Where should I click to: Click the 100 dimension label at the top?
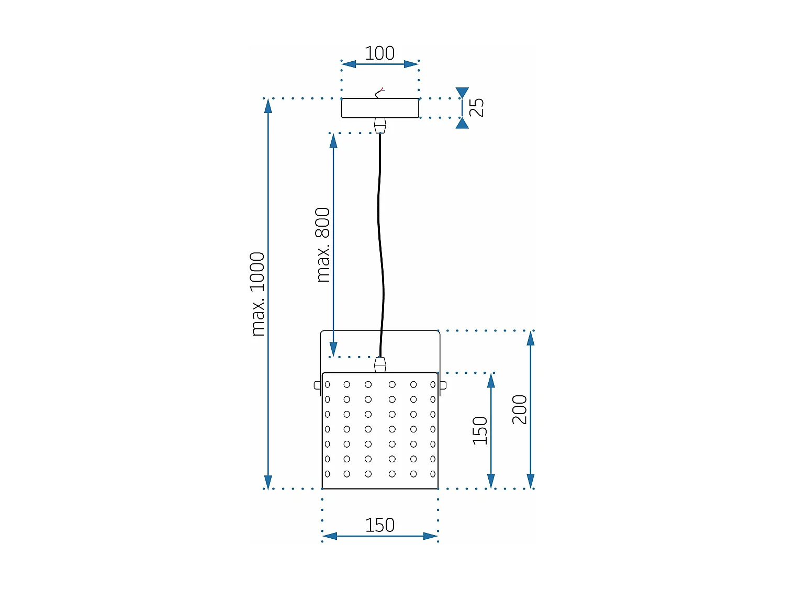[379, 53]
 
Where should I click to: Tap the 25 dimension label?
[477, 107]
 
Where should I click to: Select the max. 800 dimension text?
[323, 245]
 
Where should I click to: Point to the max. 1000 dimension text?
[257, 294]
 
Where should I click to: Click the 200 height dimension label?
[520, 409]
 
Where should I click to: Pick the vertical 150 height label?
[480, 431]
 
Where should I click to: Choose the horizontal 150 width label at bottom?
[379, 525]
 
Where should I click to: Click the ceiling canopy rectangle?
[380, 108]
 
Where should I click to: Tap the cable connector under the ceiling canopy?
[380, 126]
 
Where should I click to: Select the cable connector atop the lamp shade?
[380, 364]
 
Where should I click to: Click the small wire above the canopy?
[380, 93]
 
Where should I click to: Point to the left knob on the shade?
[317, 385]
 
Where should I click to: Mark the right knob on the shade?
[443, 385]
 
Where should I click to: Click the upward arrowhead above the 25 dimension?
[462, 93]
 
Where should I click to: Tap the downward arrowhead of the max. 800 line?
[333, 349]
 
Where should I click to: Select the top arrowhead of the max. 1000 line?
[268, 106]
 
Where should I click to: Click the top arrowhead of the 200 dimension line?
[531, 338]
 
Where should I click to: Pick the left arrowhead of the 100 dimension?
[349, 64]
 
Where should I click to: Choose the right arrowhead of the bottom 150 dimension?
[430, 536]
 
